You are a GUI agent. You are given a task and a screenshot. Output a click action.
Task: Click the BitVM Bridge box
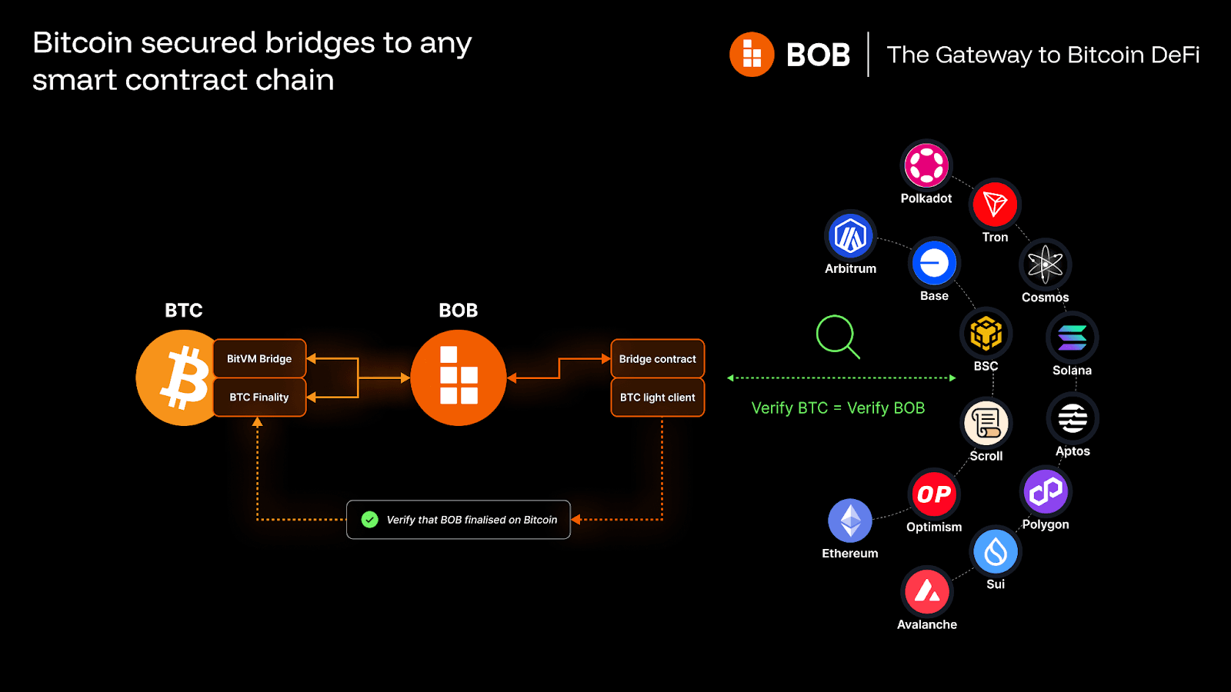click(259, 358)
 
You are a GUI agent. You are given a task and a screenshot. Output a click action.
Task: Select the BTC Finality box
click(259, 397)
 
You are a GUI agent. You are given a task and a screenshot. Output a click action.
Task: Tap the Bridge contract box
click(657, 358)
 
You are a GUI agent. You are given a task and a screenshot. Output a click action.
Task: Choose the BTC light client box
click(657, 397)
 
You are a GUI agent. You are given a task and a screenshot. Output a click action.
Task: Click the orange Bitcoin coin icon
click(178, 378)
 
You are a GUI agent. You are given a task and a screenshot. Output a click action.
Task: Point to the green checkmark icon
click(370, 520)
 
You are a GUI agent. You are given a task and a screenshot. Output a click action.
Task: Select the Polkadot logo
click(926, 165)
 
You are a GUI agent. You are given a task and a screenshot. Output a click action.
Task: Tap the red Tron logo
click(995, 204)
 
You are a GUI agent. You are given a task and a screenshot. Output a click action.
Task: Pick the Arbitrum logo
click(850, 235)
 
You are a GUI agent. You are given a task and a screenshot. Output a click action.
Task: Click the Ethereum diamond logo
click(850, 521)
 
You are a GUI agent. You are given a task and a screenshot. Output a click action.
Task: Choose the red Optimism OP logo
click(934, 494)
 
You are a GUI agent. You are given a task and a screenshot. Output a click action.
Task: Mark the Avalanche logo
click(926, 591)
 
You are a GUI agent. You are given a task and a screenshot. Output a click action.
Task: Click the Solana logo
click(1072, 337)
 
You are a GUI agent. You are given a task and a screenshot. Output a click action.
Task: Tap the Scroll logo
click(986, 422)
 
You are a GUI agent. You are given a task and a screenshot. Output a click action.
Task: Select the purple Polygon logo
click(1045, 491)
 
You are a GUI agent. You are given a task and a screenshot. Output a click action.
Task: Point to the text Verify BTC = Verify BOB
click(838, 408)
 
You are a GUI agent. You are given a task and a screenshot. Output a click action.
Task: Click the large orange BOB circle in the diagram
click(459, 378)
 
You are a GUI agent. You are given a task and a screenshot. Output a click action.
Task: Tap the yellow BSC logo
click(986, 333)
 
